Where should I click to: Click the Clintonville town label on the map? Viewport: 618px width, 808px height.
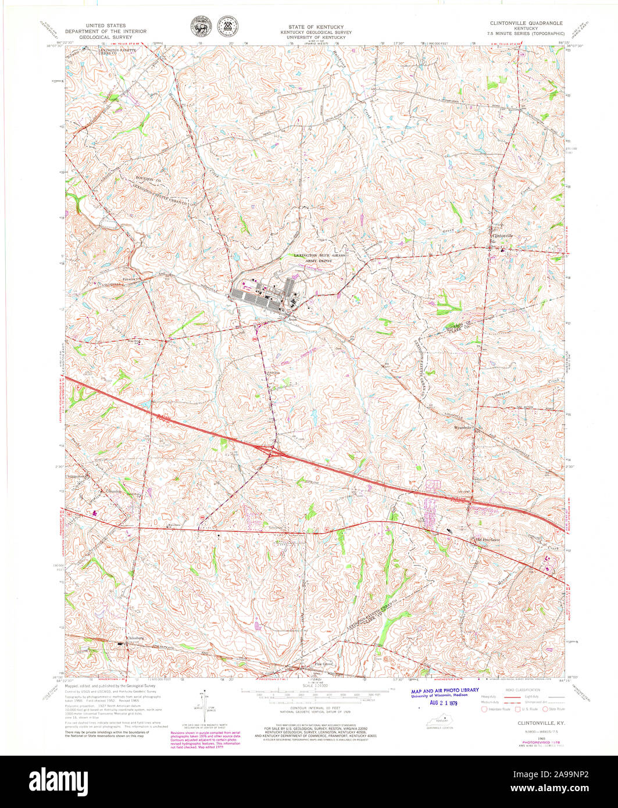point(503,236)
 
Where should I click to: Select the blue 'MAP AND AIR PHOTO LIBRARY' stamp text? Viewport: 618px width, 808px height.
point(445,690)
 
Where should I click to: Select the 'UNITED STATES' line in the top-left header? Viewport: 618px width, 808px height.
point(105,26)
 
